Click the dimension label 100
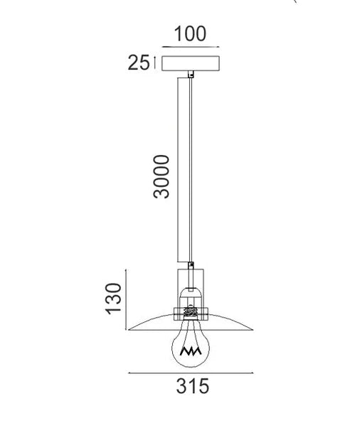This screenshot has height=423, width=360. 190,34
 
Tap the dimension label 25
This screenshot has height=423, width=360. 139,63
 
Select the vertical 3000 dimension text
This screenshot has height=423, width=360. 162,176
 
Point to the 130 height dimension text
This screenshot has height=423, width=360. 113,299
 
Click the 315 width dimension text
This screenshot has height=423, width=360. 193,386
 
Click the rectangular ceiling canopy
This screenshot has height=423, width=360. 191,63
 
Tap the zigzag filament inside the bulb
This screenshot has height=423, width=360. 191,351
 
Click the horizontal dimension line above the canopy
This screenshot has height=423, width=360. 191,47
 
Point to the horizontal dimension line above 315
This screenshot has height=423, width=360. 191,373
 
